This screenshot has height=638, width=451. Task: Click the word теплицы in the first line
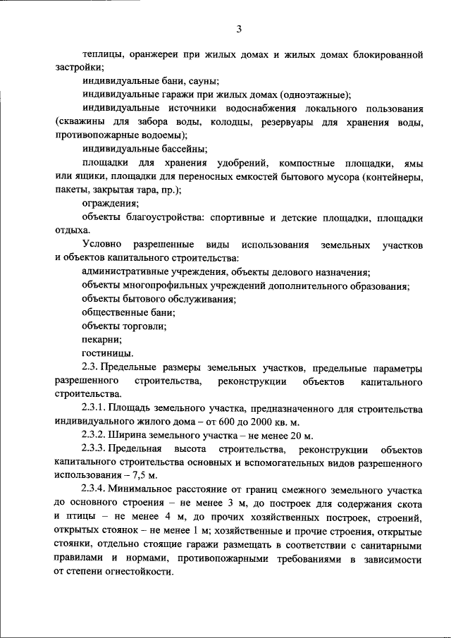101,54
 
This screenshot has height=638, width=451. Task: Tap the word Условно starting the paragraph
102,244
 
